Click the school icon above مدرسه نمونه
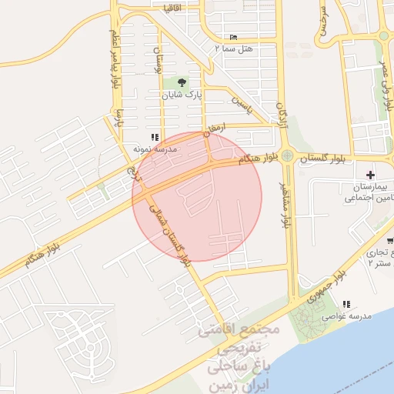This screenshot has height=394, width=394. coord(156,137)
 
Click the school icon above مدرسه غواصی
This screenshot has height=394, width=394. coord(346,305)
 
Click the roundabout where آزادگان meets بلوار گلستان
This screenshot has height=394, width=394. coord(287,156)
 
